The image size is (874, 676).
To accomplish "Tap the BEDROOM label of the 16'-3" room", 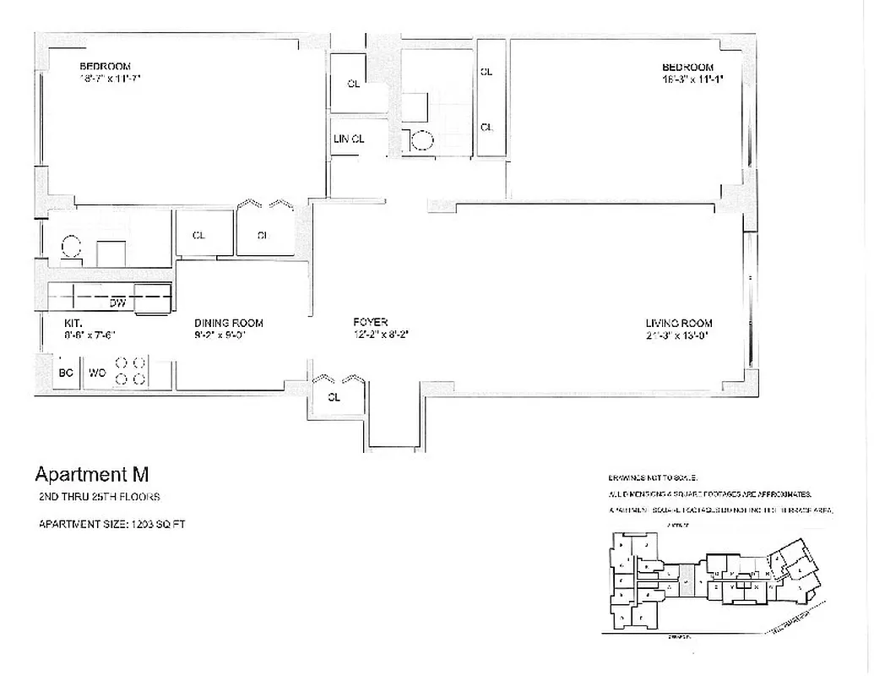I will tap(687, 68).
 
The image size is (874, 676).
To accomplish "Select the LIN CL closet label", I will tap(347, 139).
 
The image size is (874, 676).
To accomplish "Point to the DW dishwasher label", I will tap(117, 301).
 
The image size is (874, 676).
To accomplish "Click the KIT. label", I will tap(73, 323).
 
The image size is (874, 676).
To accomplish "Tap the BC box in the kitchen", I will tap(66, 371).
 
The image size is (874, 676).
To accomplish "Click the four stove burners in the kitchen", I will tap(131, 371).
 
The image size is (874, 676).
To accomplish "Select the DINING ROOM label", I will tap(228, 323).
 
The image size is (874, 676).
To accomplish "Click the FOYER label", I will tap(370, 323).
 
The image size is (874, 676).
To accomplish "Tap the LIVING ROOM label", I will tap(679, 323).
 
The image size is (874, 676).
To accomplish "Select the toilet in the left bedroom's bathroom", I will tap(71, 247).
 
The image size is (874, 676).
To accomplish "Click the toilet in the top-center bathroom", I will tap(420, 140).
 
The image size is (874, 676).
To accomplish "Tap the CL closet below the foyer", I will tap(334, 398).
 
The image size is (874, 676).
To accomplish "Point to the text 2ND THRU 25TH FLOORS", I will tap(99, 497).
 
